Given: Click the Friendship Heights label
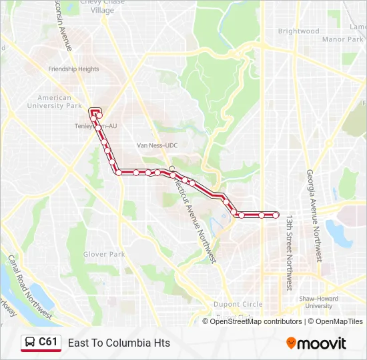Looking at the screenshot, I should coord(73,69).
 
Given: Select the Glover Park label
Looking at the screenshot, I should coord(103,254).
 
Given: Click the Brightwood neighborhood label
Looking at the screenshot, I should coord(298,31).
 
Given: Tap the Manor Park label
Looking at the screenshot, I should coord(342,39).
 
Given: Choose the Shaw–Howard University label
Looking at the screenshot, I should coord(319,302).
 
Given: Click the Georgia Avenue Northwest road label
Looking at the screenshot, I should coord(313,215).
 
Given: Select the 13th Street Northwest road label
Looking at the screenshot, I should coord(289,251).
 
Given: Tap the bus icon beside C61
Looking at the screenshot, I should coord(30,343).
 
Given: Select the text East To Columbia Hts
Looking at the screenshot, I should coord(119,343).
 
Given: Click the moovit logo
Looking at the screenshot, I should coord(316,343).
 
